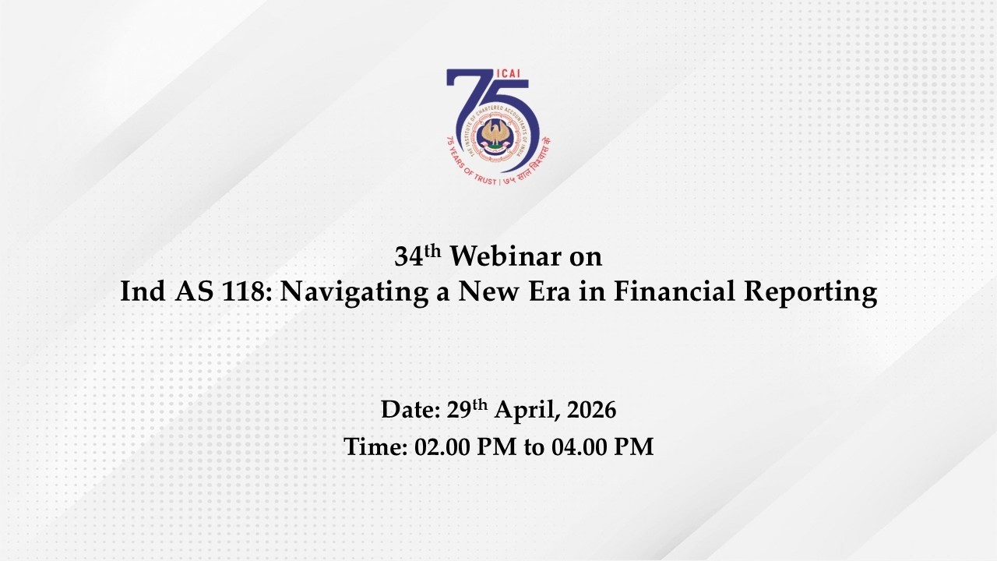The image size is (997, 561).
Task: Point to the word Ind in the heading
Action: [143, 292]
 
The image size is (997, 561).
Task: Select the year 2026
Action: [591, 410]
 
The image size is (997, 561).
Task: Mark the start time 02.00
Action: [439, 447]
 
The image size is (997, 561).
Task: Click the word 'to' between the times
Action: [533, 448]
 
